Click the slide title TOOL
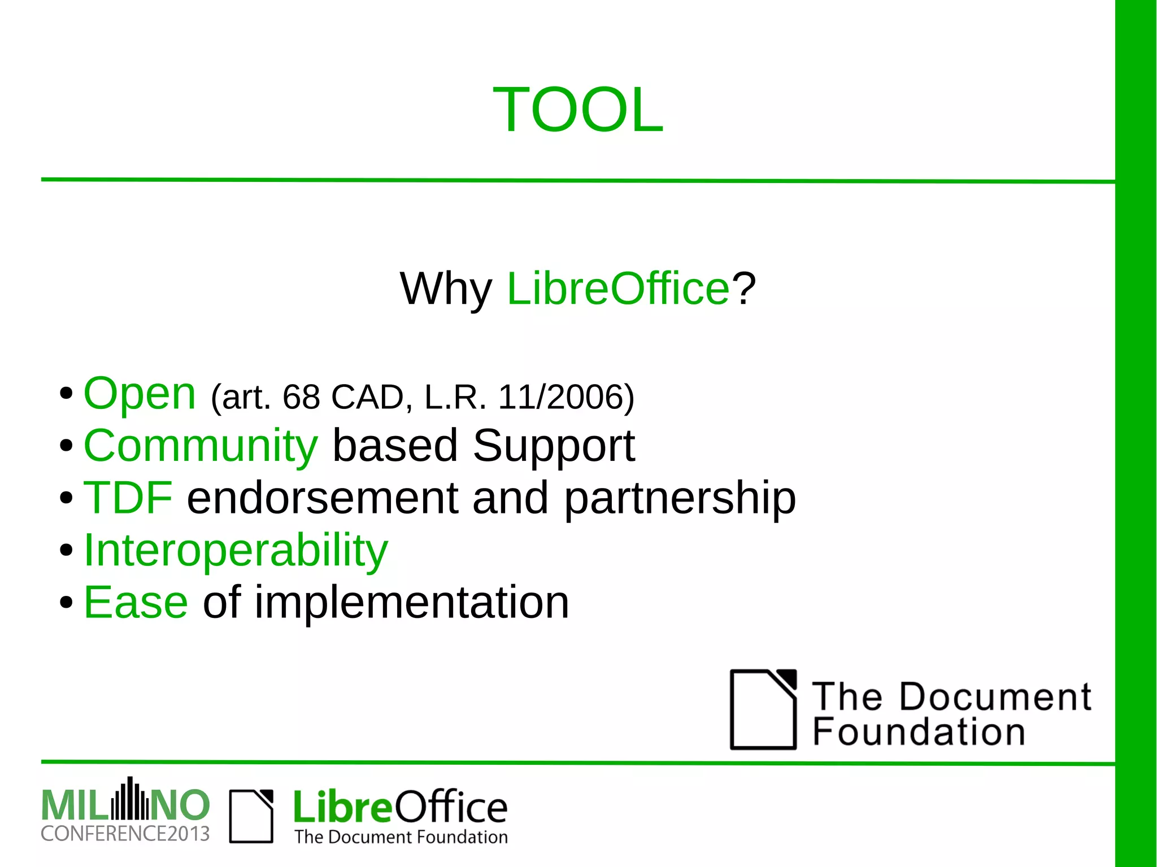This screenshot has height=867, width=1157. click(578, 110)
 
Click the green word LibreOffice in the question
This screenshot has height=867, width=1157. click(619, 289)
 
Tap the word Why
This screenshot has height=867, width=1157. click(446, 289)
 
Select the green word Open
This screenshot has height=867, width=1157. click(140, 394)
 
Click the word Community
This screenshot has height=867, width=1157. click(201, 446)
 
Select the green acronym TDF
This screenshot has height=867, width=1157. click(128, 498)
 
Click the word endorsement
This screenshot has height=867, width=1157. click(323, 498)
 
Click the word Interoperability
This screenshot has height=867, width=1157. click(236, 551)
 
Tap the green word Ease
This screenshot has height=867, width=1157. click(136, 602)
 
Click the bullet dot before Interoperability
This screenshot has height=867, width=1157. click(66, 550)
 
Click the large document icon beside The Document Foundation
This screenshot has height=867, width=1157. click(763, 709)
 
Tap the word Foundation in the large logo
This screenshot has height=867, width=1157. click(919, 732)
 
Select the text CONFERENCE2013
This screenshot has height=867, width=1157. click(125, 834)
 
